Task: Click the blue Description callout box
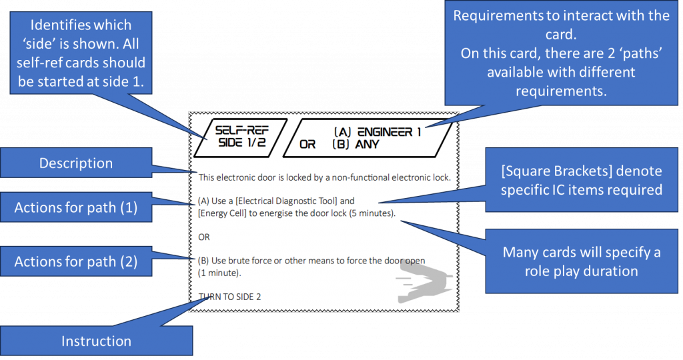pyautogui.click(x=75, y=163)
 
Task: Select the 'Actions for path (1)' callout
pyautogui.click(x=75, y=207)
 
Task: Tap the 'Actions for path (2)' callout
pyautogui.click(x=75, y=262)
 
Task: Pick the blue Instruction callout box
pyautogui.click(x=96, y=341)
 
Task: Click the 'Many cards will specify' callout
pyautogui.click(x=582, y=261)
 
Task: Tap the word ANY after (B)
pyautogui.click(x=368, y=144)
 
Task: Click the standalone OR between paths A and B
pyautogui.click(x=204, y=237)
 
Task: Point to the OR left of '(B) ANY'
pyautogui.click(x=307, y=144)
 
